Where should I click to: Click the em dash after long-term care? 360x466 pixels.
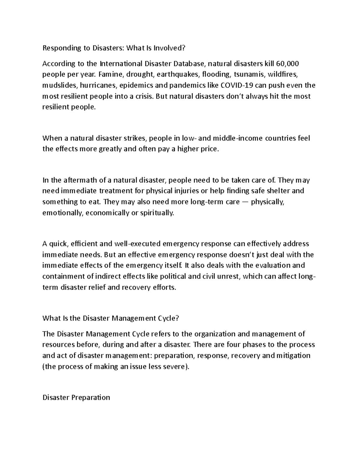click(245, 202)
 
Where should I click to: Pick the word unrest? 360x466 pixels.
click(228, 276)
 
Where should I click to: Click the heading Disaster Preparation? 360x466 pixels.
click(76, 398)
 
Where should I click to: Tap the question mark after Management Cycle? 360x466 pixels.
click(177, 318)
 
